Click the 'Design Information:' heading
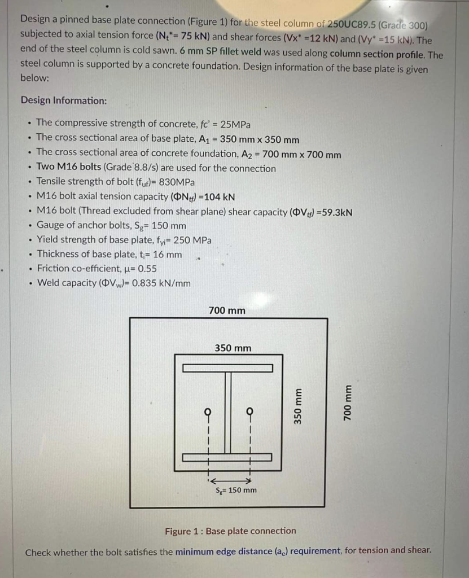pos(63,100)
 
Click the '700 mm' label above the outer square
pos(227,310)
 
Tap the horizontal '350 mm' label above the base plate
pos(233,348)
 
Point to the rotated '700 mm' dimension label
pos(348,402)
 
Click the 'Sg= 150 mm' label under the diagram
pos(236,490)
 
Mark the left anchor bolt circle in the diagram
pos(208,411)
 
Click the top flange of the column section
pos(228,368)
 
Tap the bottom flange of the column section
pos(228,457)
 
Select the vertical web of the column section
pos(228,412)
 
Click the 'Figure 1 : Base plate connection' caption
pos(230,531)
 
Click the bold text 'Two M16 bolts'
pos(69,167)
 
